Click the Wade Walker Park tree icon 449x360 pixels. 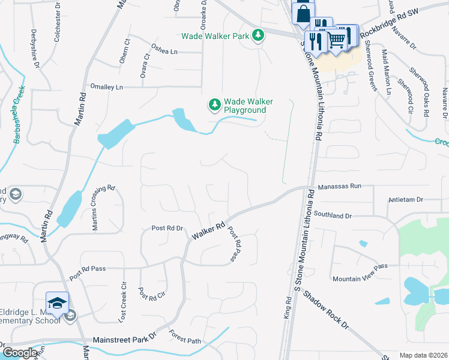[x=258, y=35]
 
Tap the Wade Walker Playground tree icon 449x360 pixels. [x=214, y=105]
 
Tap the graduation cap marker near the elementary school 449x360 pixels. [x=58, y=304]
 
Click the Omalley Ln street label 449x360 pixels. [x=106, y=87]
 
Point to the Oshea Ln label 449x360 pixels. [x=164, y=52]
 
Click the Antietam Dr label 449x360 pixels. [x=406, y=199]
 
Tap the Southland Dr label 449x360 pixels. [x=348, y=214]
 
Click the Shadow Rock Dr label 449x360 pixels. [x=325, y=310]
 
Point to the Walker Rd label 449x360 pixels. [x=208, y=230]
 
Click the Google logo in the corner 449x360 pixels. [x=20, y=352]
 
